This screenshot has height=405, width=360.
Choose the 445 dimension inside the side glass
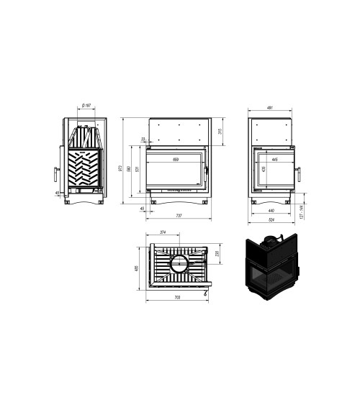pos(275,159)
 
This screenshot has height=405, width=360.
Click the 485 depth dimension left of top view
pos(137,268)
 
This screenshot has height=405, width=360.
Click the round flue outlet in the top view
pos(178,263)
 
